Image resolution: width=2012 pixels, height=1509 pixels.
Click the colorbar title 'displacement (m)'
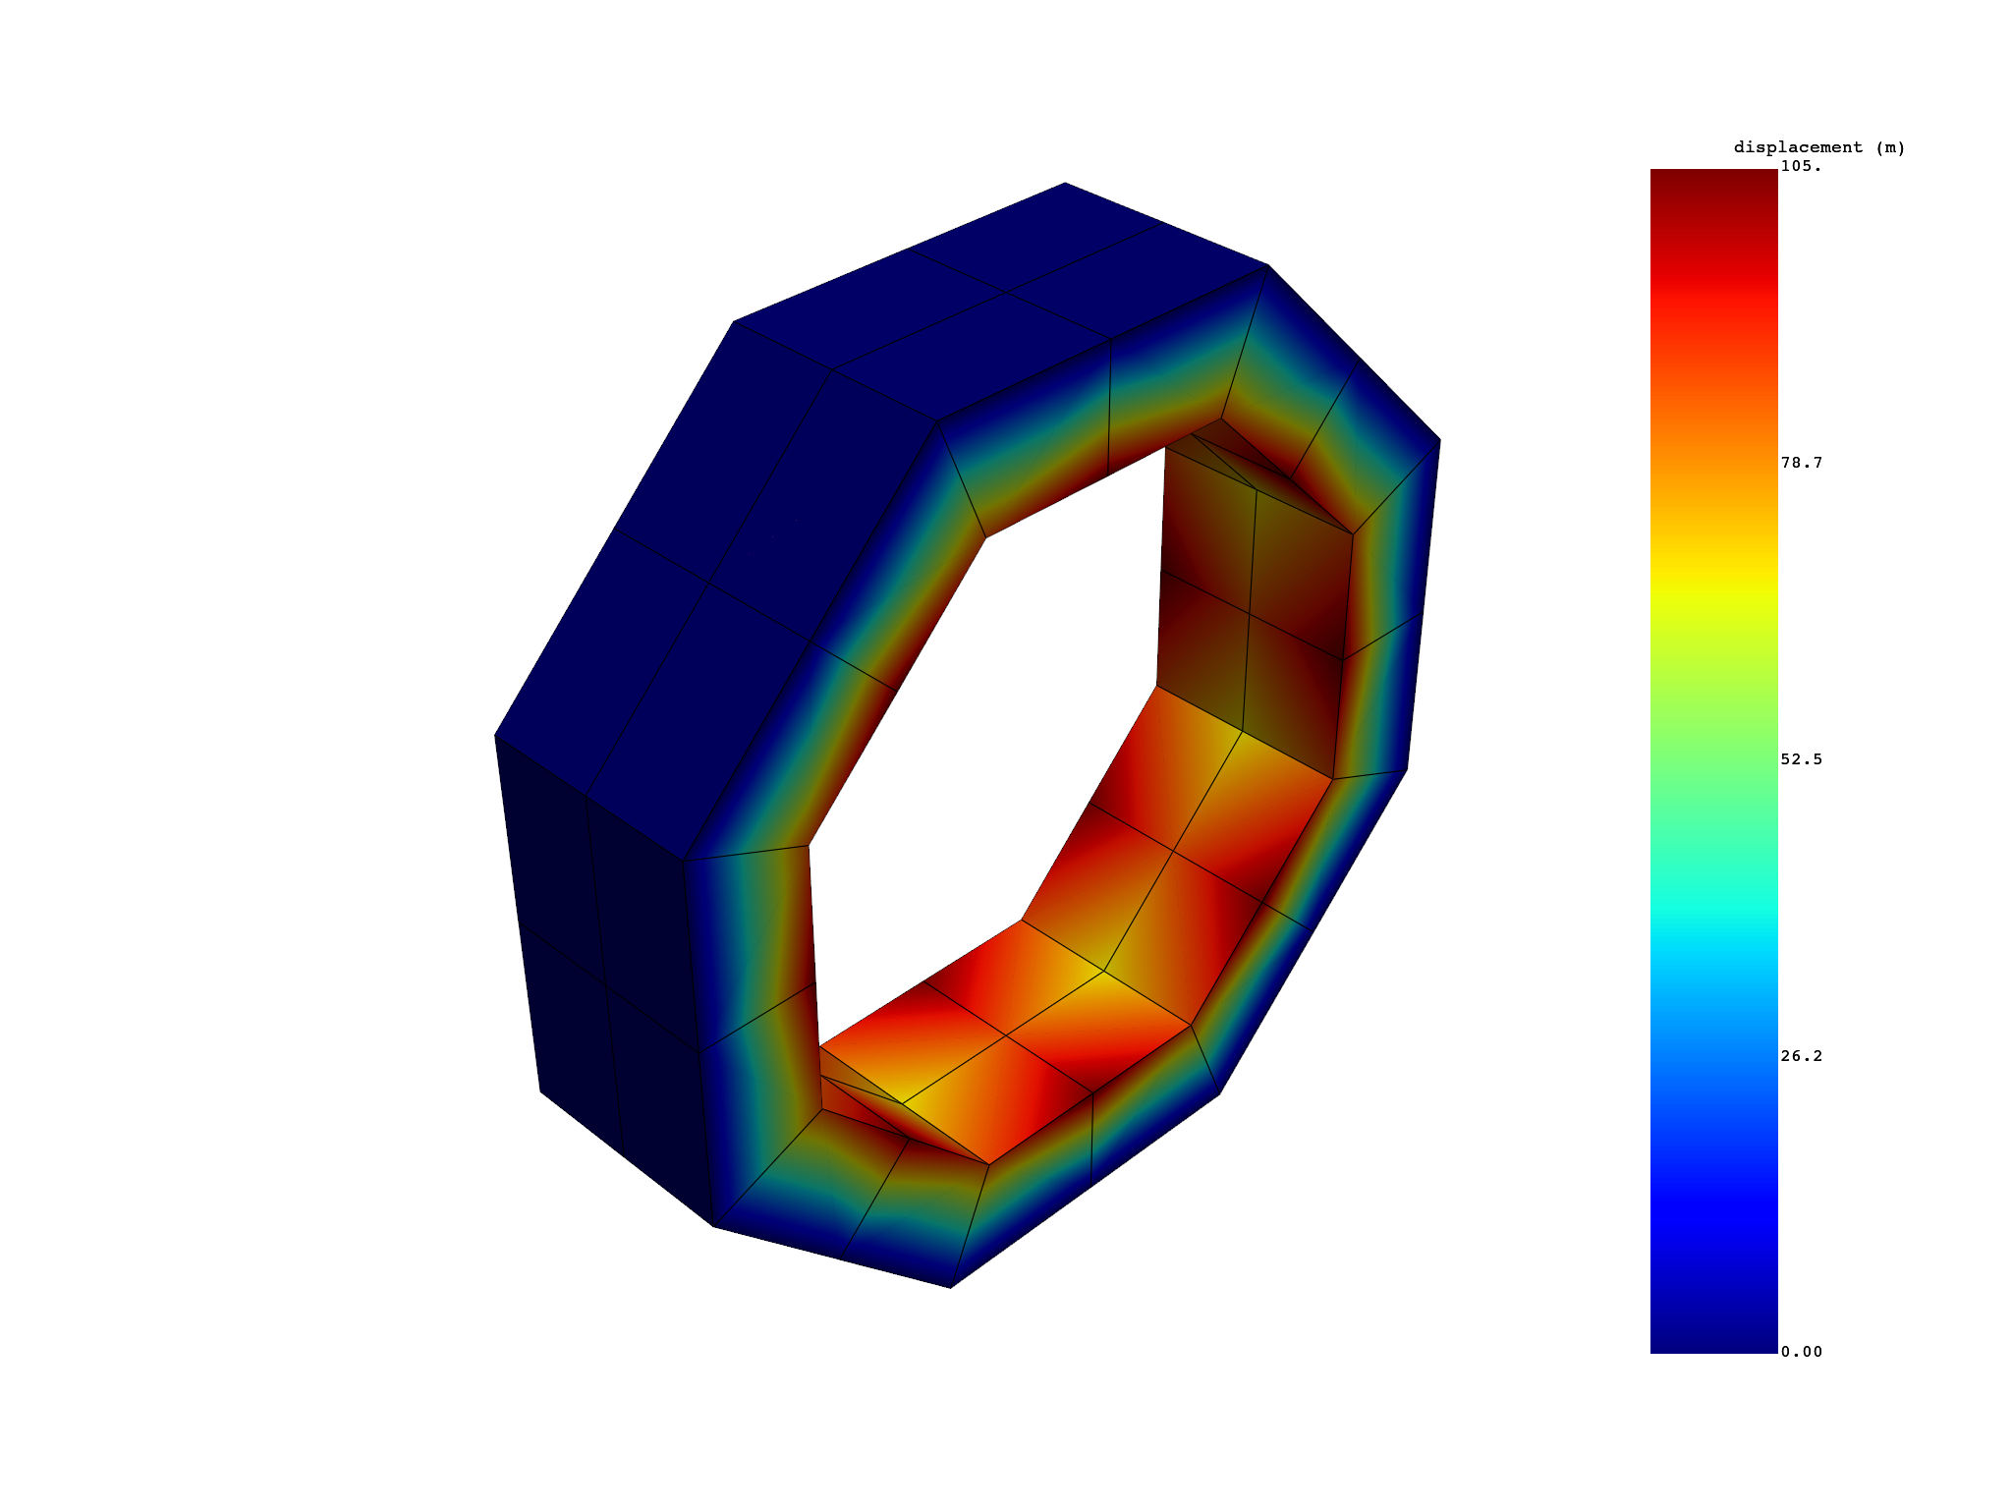pyautogui.click(x=1818, y=147)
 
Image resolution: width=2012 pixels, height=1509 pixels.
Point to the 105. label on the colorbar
pyautogui.click(x=1801, y=167)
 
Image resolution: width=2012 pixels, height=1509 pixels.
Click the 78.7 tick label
pyautogui.click(x=1801, y=463)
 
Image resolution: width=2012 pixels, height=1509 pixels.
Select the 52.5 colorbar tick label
pyautogui.click(x=1801, y=759)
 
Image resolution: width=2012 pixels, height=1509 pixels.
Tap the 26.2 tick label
pyautogui.click(x=1801, y=1056)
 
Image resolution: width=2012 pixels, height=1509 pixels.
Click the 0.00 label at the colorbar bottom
pyautogui.click(x=1801, y=1352)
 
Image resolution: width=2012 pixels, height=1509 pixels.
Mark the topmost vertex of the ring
pyautogui.click(x=1065, y=184)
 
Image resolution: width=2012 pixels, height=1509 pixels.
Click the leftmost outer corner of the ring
pyautogui.click(x=496, y=735)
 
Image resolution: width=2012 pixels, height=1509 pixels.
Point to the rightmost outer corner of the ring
pyautogui.click(x=1439, y=440)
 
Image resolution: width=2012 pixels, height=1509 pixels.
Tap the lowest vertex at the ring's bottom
pyautogui.click(x=950, y=1287)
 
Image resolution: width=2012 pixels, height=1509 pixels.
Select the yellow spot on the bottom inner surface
pyautogui.click(x=1105, y=968)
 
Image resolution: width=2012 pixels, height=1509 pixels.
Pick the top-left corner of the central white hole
pyautogui.click(x=985, y=537)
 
